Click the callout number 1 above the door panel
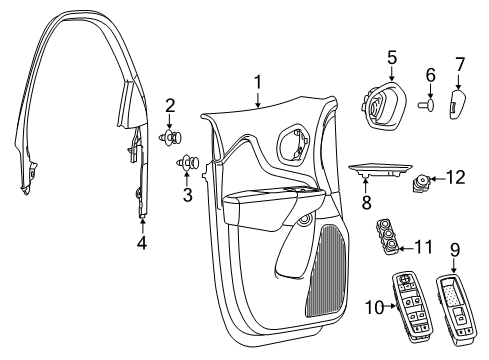pos(257,82)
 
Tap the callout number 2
pos(170,105)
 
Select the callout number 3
pos(187,194)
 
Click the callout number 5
pos(392,57)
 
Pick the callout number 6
pos(432,75)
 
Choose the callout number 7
pos(460,64)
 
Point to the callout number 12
pos(454,178)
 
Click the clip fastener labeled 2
pos(170,137)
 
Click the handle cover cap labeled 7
pos(458,102)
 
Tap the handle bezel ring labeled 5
pos(384,102)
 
